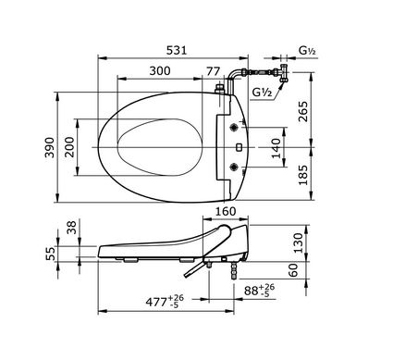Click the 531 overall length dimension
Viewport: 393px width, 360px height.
(177, 50)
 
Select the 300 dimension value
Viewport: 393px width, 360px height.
(160, 70)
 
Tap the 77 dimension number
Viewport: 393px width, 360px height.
(214, 71)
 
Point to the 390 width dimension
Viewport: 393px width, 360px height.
(49, 147)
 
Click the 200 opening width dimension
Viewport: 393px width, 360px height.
(69, 147)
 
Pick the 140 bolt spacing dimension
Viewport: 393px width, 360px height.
(276, 148)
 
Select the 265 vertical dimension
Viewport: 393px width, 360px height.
(303, 111)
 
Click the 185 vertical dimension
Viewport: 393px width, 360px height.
(303, 175)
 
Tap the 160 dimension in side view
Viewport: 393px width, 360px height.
(226, 211)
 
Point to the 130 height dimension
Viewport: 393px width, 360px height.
(298, 242)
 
